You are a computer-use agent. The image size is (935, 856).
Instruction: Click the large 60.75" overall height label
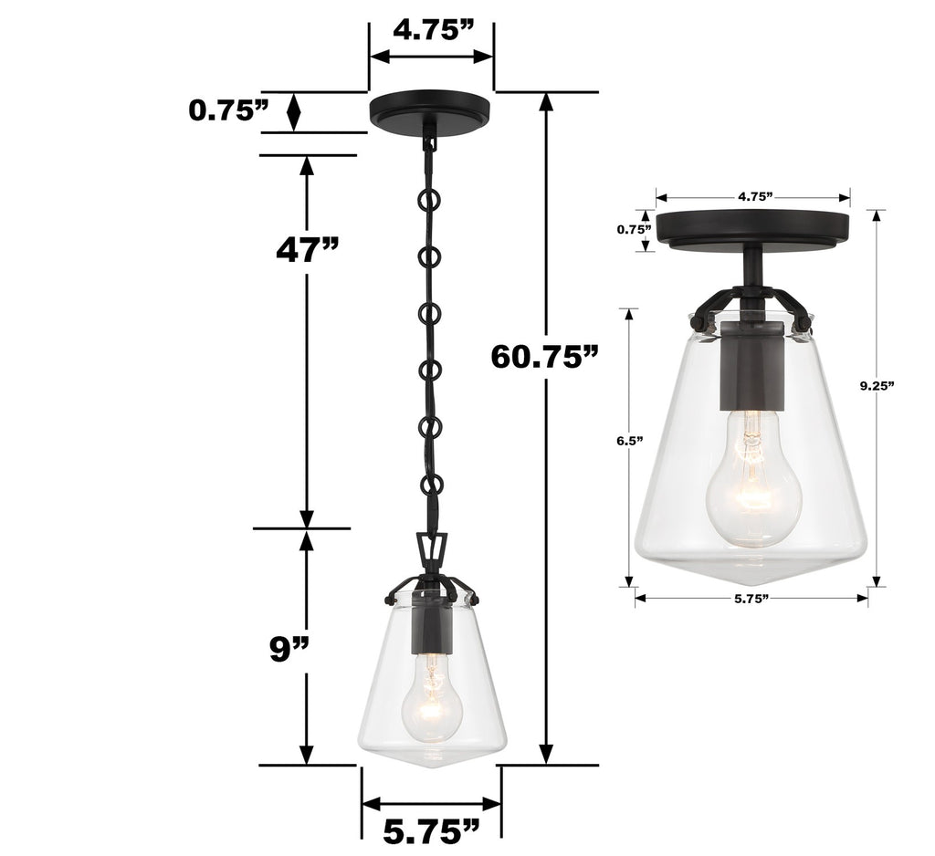545,356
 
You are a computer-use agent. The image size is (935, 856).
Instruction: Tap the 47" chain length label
308,248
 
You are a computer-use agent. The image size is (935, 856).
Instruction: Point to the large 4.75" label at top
433,30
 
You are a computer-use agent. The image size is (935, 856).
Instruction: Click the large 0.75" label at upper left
229,111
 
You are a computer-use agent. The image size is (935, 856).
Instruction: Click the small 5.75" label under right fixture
751,599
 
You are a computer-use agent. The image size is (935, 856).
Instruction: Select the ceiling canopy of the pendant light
429,110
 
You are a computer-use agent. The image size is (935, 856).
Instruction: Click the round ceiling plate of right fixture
754,228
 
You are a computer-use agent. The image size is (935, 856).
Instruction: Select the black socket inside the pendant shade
430,622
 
